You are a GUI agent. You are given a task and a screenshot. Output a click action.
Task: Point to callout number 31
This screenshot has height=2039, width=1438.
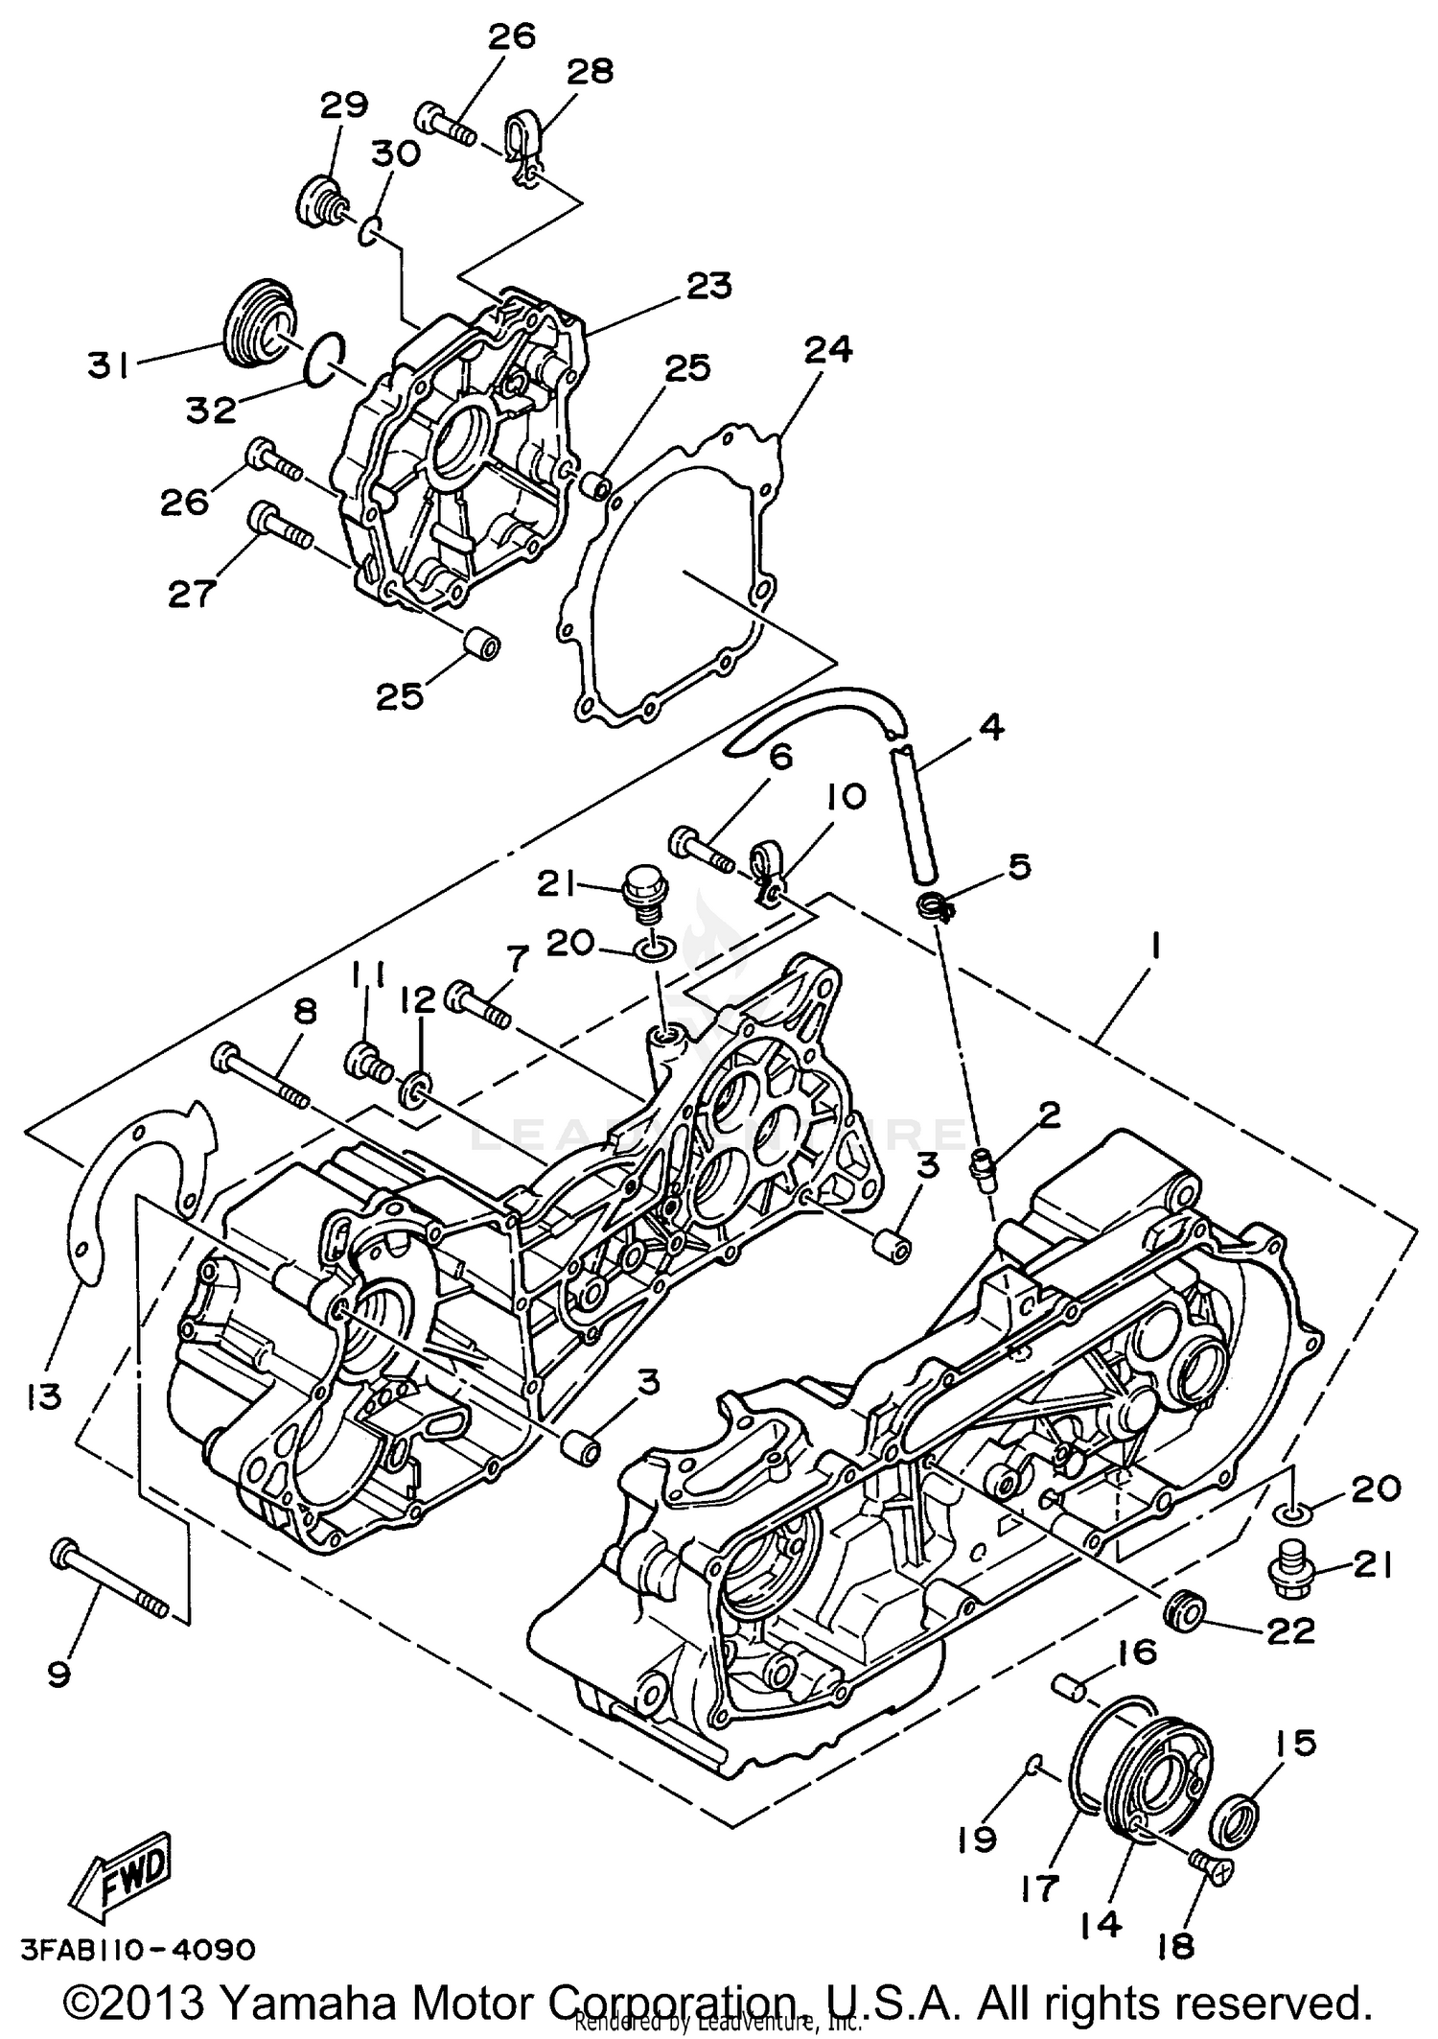point(108,364)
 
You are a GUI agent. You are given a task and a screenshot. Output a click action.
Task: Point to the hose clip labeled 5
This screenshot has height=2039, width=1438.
point(934,903)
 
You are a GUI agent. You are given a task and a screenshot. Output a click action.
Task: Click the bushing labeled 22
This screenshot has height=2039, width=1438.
point(1182,1611)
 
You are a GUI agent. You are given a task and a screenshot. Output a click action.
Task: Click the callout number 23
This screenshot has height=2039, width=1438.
point(708,285)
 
